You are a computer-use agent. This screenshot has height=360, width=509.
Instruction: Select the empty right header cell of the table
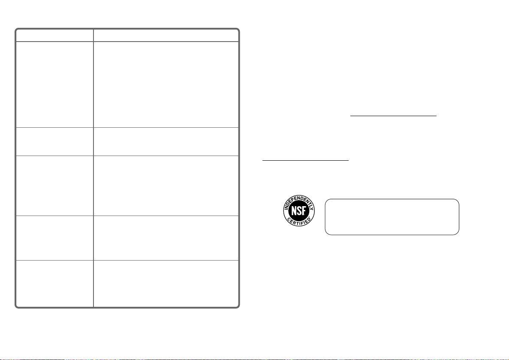166,35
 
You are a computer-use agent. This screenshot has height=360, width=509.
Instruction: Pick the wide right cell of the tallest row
166,84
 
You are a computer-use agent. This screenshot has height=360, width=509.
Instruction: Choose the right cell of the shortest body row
166,142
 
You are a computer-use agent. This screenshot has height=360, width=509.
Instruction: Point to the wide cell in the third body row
166,186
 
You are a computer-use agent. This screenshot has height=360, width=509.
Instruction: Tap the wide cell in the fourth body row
166,238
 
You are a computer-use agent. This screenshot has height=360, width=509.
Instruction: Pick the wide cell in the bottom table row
166,283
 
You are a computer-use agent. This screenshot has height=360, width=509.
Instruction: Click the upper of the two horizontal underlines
393,115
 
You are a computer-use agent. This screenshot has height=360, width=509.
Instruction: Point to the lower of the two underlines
305,160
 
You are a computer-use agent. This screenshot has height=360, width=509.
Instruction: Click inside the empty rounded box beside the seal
392,217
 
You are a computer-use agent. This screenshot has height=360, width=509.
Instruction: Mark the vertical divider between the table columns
93,168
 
